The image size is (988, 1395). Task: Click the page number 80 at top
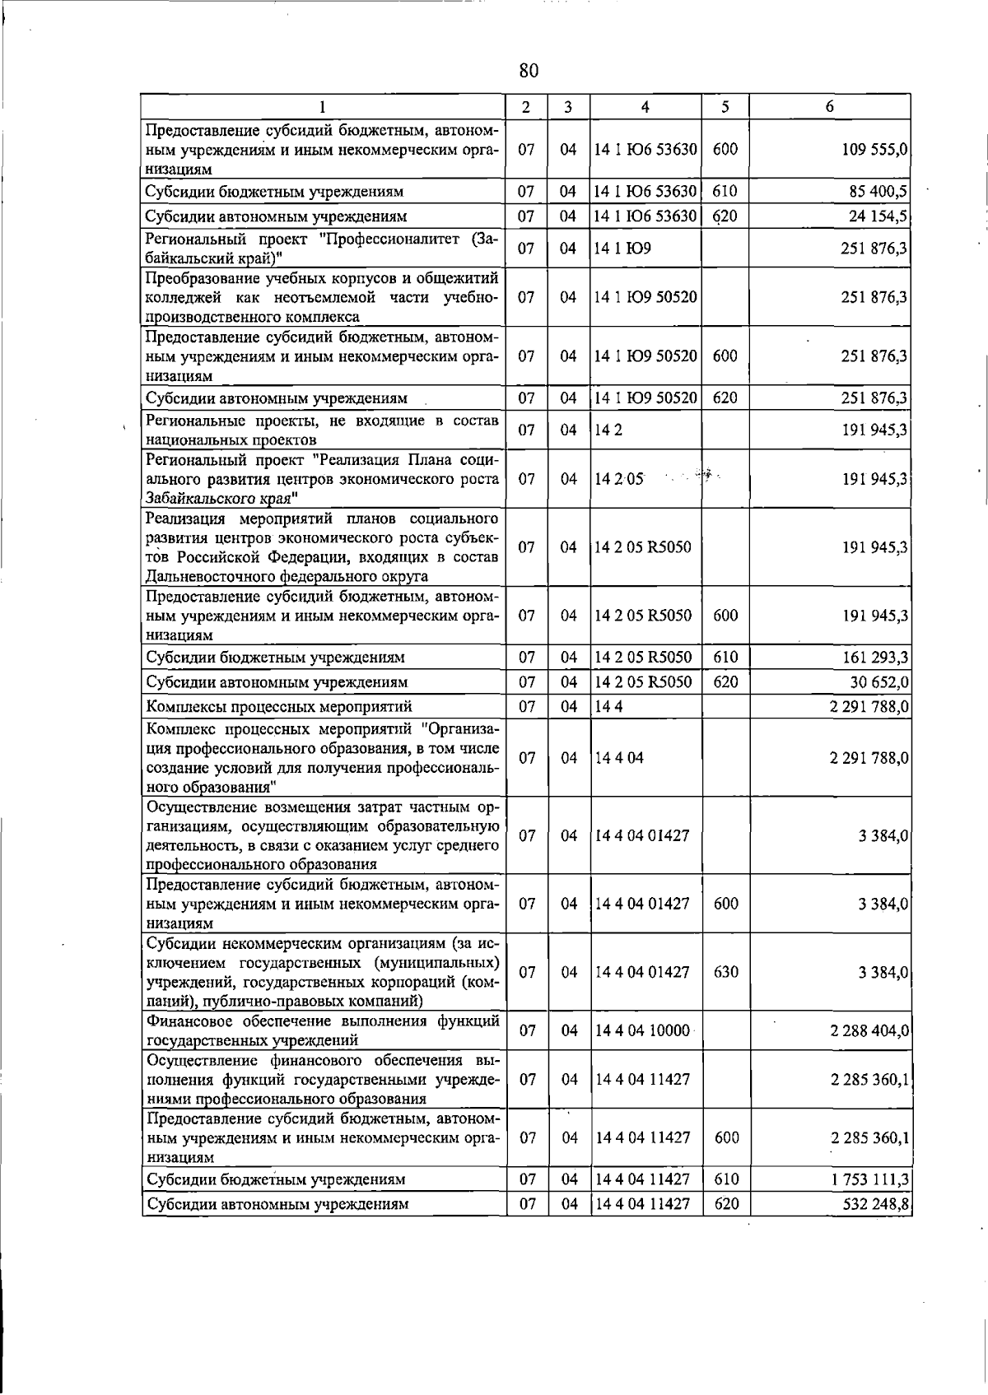[529, 71]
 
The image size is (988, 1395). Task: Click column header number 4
[645, 107]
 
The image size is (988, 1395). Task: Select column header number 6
[829, 107]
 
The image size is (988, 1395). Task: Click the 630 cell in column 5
[725, 972]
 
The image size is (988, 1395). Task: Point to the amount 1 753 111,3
[869, 1179]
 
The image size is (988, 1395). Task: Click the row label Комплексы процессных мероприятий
[279, 707]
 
